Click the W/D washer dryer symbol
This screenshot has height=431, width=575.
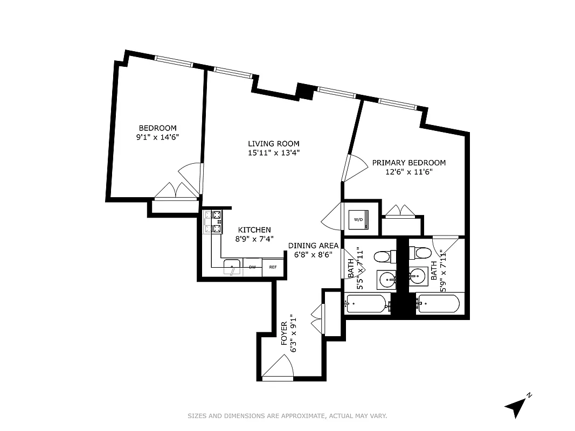pos(358,219)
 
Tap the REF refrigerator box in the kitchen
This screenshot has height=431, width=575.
pos(273,267)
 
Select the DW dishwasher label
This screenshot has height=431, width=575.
pos(252,267)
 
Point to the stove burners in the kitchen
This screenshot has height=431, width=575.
pos(218,222)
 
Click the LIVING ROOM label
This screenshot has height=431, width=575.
pos(273,143)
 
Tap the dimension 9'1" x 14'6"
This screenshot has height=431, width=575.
pos(157,137)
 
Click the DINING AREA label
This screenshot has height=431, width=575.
pos(313,246)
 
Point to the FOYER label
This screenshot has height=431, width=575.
pos(284,334)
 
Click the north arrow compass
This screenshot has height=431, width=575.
pos(517,405)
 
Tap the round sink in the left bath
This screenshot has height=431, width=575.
pos(387,279)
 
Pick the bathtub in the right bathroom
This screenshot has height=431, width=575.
pos(439,304)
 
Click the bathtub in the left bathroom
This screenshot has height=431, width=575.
pos(366,304)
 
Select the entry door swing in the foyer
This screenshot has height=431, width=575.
pos(278,367)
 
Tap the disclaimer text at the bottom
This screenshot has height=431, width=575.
pos(287,416)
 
